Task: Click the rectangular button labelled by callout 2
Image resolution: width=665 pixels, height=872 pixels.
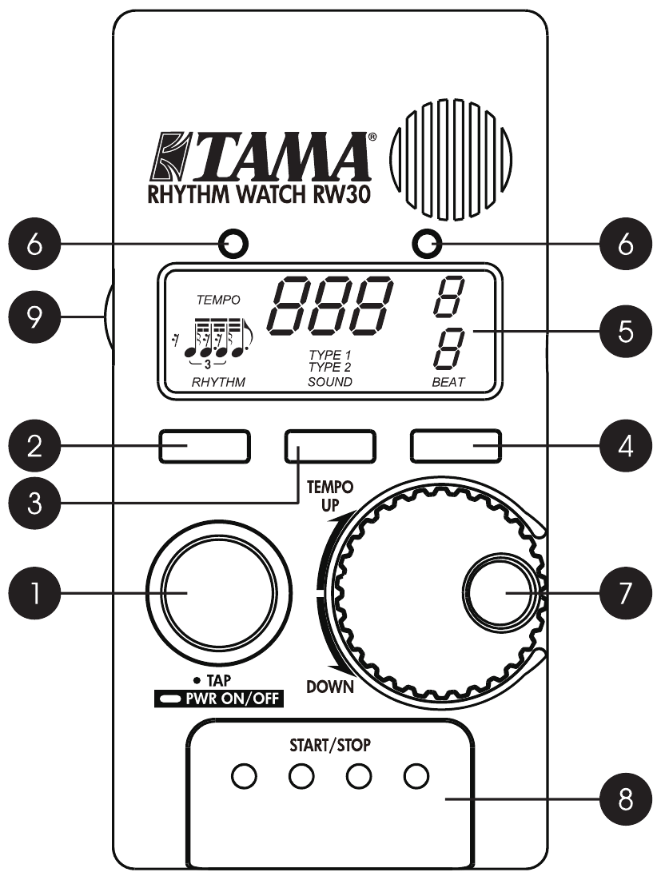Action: [204, 446]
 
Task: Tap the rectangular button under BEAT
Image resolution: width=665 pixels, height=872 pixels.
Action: [456, 446]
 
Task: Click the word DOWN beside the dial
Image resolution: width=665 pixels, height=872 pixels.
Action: [329, 687]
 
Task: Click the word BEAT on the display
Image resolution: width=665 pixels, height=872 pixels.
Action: [447, 383]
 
